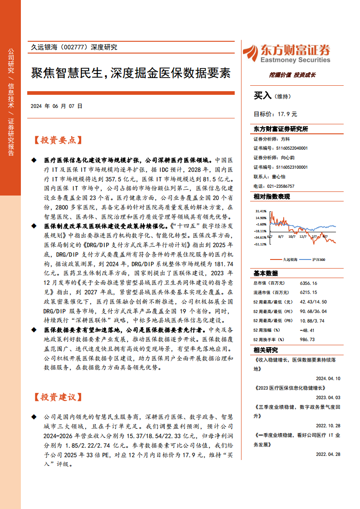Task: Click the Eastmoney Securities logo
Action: click(286, 54)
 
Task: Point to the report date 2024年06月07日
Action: click(57, 106)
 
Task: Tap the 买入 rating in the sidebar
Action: click(262, 96)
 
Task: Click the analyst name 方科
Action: click(285, 139)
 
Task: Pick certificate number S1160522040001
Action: click(292, 148)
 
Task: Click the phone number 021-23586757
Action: click(280, 186)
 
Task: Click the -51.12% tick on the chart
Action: click(261, 244)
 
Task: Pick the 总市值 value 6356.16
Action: click(308, 283)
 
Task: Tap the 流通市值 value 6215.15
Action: click(308, 292)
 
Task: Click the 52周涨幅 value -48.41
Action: click(307, 330)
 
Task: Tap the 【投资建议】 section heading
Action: click(58, 397)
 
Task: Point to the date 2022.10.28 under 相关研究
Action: click(328, 425)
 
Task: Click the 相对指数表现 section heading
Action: click(271, 197)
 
